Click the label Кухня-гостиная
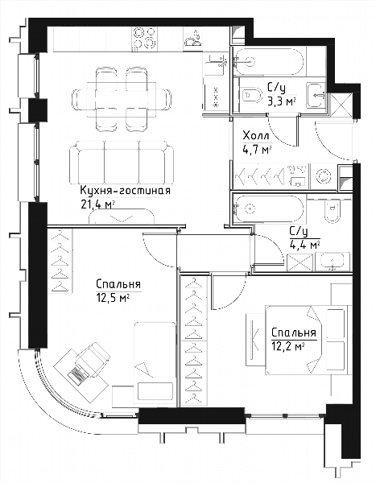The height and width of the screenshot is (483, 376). pyautogui.click(x=125, y=191)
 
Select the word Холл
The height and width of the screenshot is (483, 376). pyautogui.click(x=256, y=135)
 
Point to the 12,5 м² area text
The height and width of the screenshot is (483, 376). pyautogui.click(x=113, y=298)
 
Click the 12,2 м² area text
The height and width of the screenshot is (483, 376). pyautogui.click(x=288, y=346)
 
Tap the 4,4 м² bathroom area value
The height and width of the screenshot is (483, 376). pyautogui.click(x=304, y=245)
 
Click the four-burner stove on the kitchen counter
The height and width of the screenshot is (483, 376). pyautogui.click(x=145, y=38)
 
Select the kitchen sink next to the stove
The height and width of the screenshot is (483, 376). pyautogui.click(x=192, y=38)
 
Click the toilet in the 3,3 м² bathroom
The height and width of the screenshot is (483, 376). pyautogui.click(x=251, y=96)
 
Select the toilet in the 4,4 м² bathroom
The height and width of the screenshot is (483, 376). pyautogui.click(x=332, y=211)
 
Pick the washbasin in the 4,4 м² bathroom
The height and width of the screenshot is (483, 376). pyautogui.click(x=333, y=262)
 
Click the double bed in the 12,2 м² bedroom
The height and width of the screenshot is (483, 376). pyautogui.click(x=308, y=340)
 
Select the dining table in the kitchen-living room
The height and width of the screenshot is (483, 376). pyautogui.click(x=122, y=99)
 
